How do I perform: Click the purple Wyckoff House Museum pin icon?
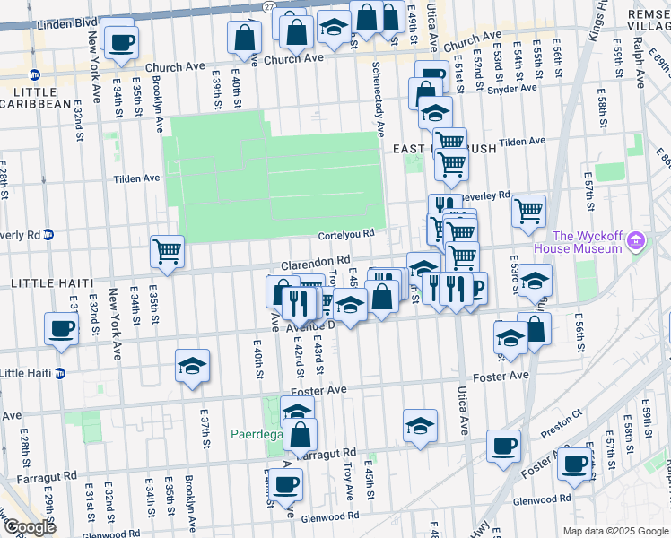click(637, 240)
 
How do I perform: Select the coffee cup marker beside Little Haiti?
click(61, 329)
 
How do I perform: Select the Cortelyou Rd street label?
click(344, 235)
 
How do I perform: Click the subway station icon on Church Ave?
click(35, 74)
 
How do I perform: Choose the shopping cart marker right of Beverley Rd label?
click(529, 211)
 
